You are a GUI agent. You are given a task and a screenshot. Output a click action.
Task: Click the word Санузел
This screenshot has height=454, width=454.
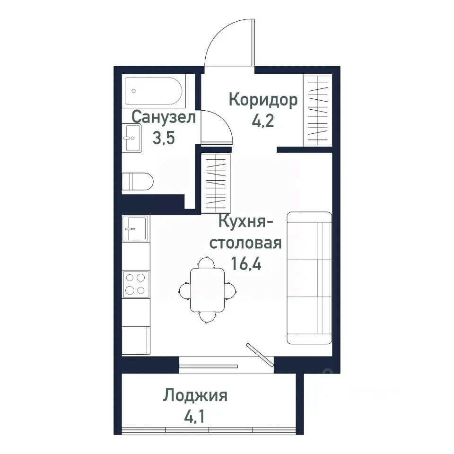pyautogui.click(x=164, y=117)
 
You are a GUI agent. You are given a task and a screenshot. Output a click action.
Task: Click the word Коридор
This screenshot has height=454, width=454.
pyautogui.click(x=263, y=100)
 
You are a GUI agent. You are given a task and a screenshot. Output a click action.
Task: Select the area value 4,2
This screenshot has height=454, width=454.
pyautogui.click(x=263, y=121)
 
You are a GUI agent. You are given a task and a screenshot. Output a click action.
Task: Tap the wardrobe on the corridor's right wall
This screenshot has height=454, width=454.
pyautogui.click(x=317, y=110)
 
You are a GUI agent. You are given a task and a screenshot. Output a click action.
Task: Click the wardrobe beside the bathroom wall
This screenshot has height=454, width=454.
pyautogui.click(x=215, y=183)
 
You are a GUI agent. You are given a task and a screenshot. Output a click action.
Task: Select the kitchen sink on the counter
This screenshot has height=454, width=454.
pyautogui.click(x=136, y=229)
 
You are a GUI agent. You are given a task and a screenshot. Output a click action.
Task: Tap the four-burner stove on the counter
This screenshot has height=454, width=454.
pyautogui.click(x=136, y=283)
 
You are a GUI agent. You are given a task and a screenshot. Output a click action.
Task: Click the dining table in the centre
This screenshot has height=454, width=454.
pyautogui.click(x=208, y=289)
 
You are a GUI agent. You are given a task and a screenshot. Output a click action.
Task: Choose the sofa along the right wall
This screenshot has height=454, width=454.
pyautogui.click(x=309, y=278)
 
